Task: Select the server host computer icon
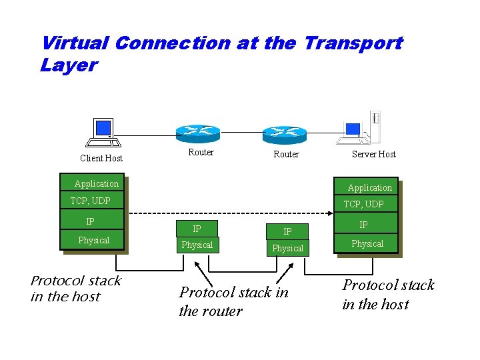click(360, 128)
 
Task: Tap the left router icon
click(198, 132)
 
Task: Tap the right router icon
click(284, 134)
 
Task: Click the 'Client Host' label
click(101, 158)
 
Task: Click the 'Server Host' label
click(373, 154)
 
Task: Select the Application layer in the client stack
click(96, 184)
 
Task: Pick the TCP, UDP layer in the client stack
click(91, 201)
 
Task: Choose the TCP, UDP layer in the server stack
click(363, 204)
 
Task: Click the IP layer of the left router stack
click(197, 229)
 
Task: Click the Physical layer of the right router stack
click(287, 248)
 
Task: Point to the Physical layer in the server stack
click(367, 243)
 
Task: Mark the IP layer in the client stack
click(91, 221)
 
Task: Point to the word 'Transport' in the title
click(353, 43)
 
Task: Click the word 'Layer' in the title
click(69, 65)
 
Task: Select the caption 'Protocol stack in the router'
click(233, 301)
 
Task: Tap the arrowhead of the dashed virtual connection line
click(330, 213)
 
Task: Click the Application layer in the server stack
click(369, 187)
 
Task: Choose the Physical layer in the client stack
click(93, 240)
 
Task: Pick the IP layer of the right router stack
click(287, 231)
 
